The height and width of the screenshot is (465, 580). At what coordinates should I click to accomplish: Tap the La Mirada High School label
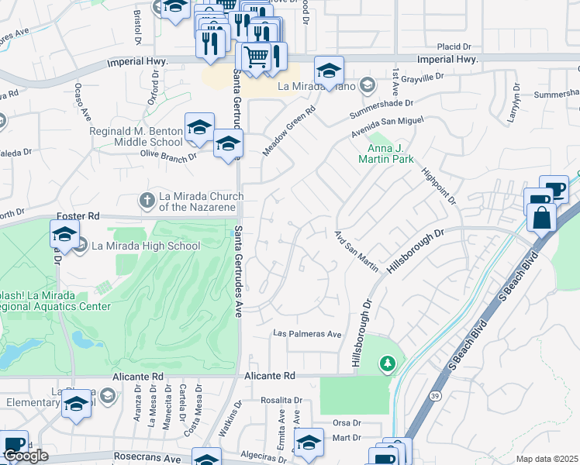click(x=146, y=246)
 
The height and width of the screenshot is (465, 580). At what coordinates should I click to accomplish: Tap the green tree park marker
click(x=387, y=363)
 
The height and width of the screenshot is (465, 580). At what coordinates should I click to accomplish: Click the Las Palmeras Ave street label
click(x=307, y=334)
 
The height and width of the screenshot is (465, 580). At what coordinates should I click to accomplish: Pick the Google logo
click(x=26, y=456)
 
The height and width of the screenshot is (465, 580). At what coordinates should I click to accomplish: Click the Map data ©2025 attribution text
click(x=546, y=459)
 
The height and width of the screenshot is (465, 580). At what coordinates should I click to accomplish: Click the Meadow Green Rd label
click(x=290, y=131)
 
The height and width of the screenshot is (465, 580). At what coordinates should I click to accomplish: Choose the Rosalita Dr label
click(x=281, y=400)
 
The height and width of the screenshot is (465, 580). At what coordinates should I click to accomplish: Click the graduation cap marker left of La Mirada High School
click(x=65, y=233)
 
